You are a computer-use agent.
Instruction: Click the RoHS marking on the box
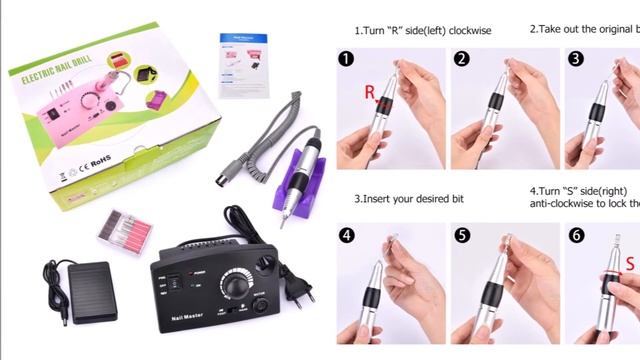point(99,159)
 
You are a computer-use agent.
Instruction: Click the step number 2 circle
point(461,59)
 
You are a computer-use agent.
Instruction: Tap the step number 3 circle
point(575,59)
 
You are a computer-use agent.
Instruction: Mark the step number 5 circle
point(461,236)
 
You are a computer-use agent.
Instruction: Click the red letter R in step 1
point(369,93)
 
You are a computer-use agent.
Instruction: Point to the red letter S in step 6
point(630,263)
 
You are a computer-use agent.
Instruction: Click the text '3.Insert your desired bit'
point(408,198)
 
